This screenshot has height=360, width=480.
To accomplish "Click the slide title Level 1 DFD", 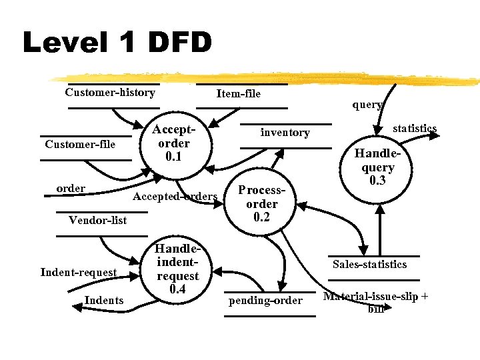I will click(x=117, y=43).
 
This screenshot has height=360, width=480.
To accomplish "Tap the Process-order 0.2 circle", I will click(x=261, y=203).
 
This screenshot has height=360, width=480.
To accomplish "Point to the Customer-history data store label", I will click(x=110, y=93).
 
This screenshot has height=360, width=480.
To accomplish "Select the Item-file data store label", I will click(x=239, y=94).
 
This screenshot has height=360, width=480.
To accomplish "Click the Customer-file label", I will click(x=80, y=145).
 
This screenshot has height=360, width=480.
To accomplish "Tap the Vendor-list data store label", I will click(x=98, y=221).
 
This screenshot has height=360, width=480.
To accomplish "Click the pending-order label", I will click(x=265, y=301).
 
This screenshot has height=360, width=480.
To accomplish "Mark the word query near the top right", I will click(x=367, y=105).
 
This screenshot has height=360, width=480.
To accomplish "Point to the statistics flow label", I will click(x=414, y=128).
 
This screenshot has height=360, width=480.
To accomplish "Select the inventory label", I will click(x=285, y=133).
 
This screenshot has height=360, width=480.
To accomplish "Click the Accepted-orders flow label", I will click(x=175, y=196).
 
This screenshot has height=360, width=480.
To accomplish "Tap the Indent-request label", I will click(x=79, y=272).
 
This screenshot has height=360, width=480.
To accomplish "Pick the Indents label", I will click(x=104, y=301).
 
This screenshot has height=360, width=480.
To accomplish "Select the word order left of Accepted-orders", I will click(x=71, y=189).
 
